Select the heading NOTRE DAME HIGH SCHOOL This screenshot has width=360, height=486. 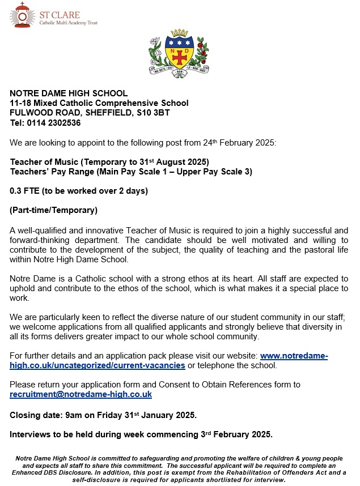(69, 93)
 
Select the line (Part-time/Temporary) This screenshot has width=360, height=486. (54, 211)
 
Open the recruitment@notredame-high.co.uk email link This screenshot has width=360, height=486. (81, 394)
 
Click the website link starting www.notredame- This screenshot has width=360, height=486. (294, 355)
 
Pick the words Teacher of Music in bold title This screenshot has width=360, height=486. (41, 161)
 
